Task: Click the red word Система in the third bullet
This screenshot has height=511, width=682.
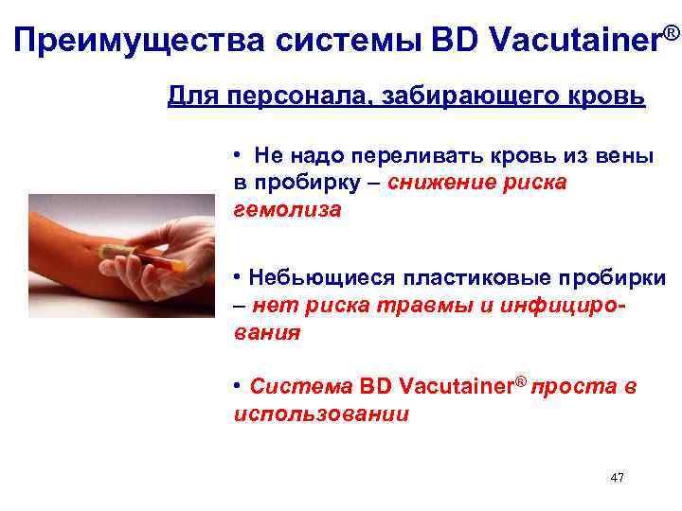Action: (x=301, y=387)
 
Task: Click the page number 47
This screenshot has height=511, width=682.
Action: (x=617, y=478)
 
